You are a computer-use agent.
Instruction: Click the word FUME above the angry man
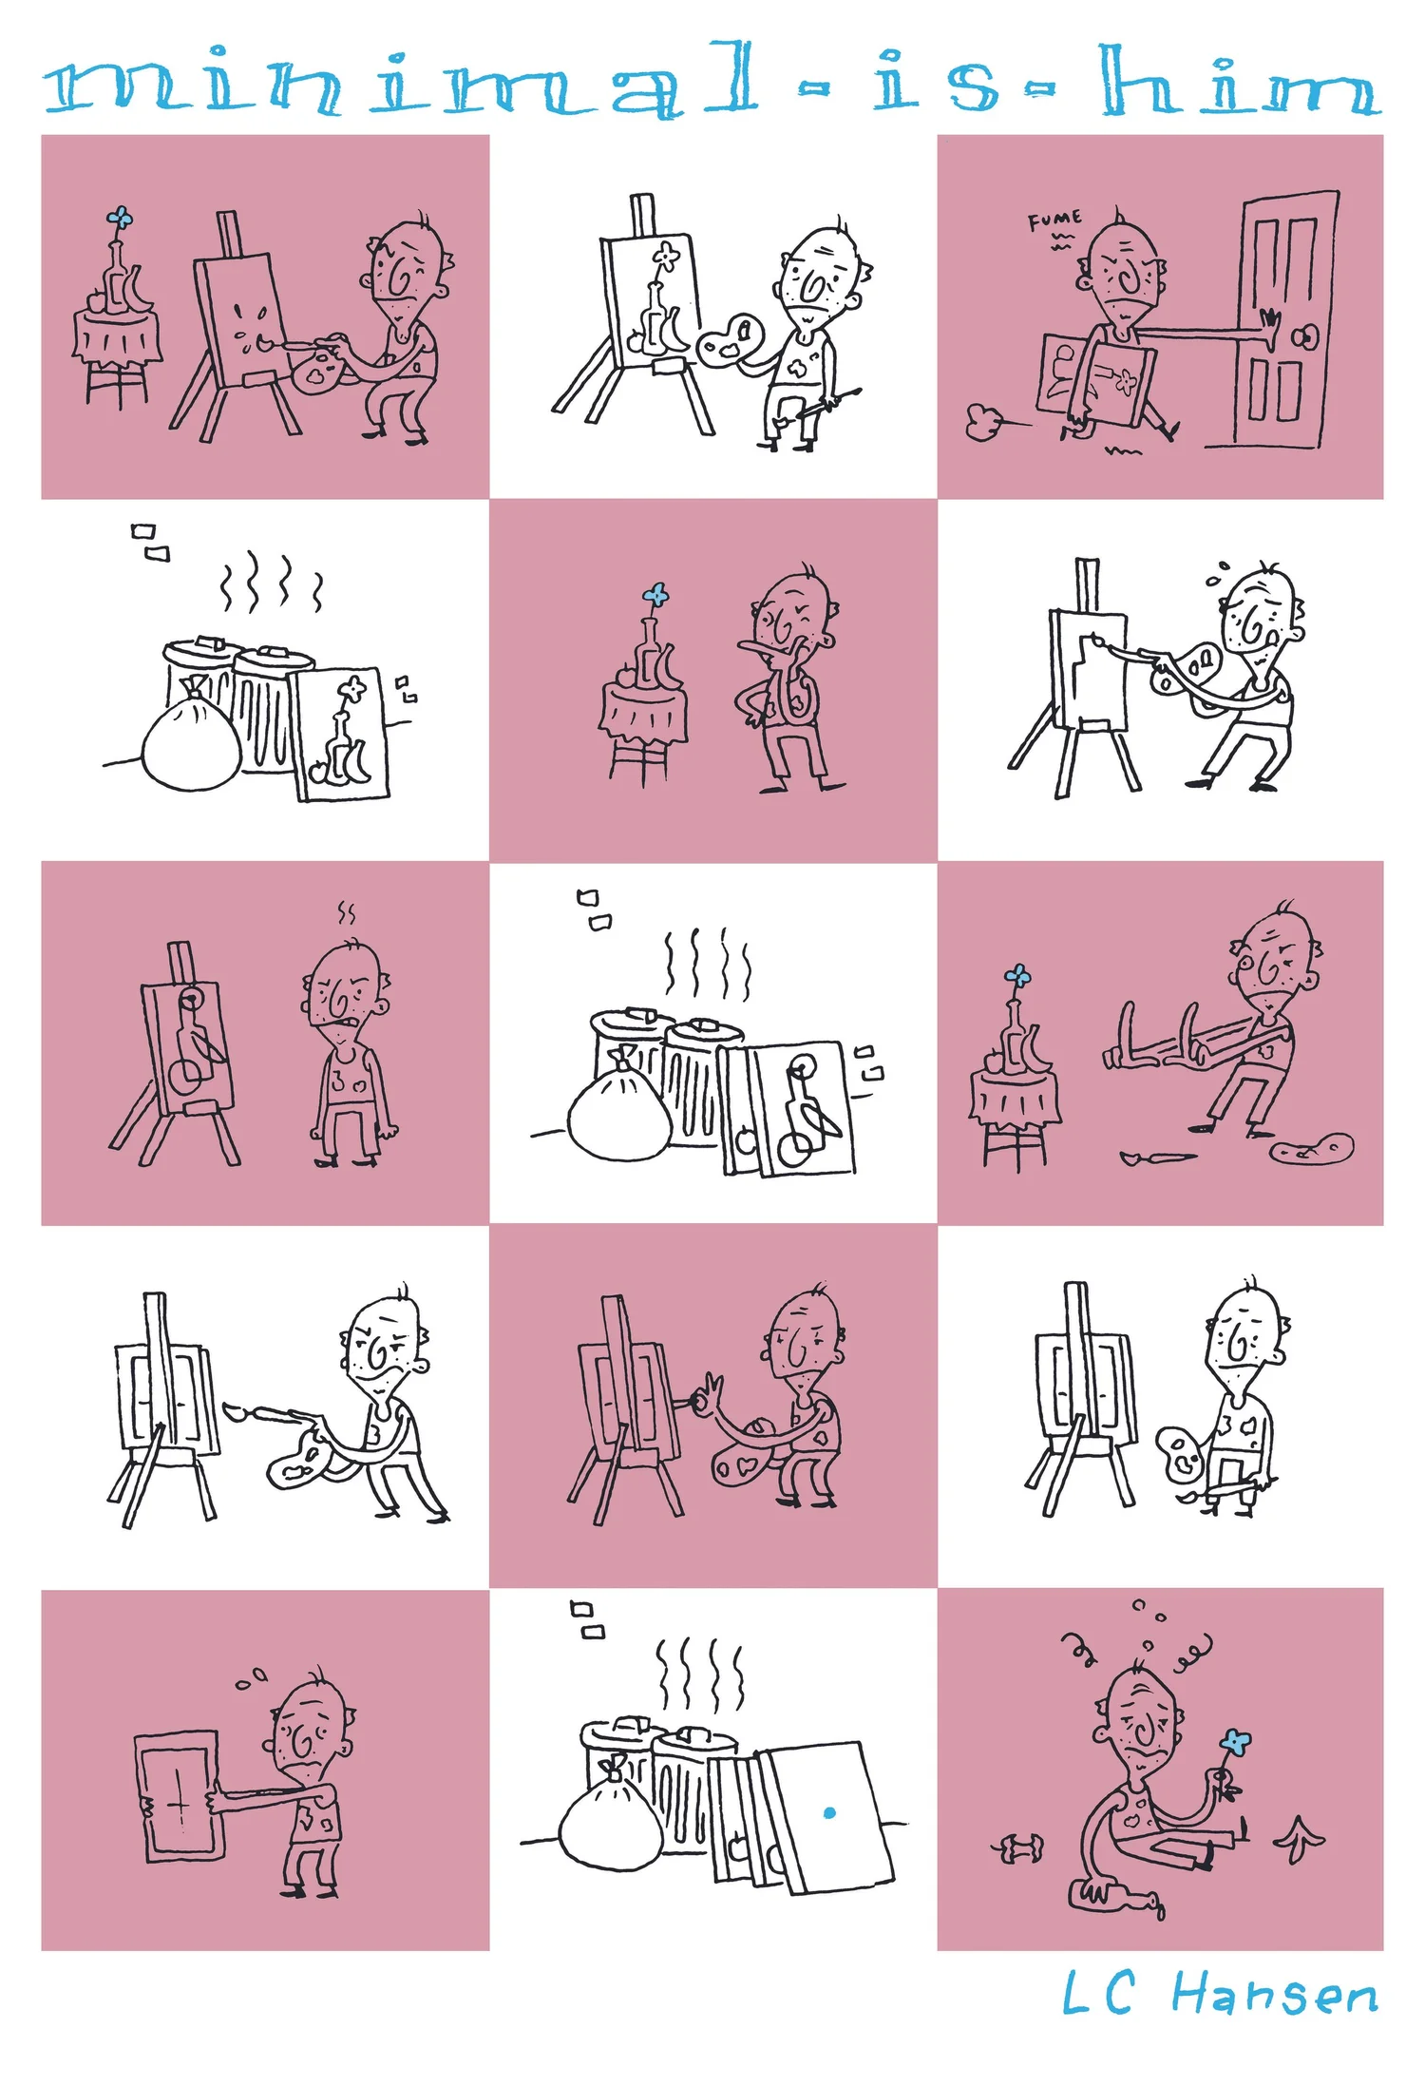[x=1054, y=222]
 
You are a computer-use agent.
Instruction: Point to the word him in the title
[x=1240, y=82]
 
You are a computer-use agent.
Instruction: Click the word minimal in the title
[x=399, y=82]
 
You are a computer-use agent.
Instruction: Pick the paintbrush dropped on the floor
[x=1157, y=1158]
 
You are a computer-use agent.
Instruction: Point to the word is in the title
[x=935, y=84]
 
